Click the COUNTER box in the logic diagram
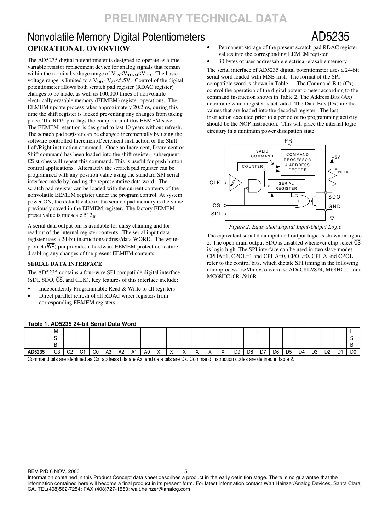[252, 166]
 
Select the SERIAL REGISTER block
[286, 186]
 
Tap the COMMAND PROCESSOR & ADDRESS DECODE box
[297, 162]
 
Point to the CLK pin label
[215, 183]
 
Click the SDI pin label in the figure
[215, 214]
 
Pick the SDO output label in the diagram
[334, 197]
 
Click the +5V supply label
[336, 157]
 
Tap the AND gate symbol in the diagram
[255, 185]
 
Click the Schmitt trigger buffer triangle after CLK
[234, 183]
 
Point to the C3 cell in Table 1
[57, 352]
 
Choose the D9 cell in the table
[237, 352]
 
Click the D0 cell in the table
[353, 352]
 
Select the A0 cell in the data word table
[147, 352]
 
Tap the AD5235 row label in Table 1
[36, 352]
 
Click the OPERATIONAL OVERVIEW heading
[79, 48]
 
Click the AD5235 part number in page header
[330, 37]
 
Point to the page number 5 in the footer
[186, 471]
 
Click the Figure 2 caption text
[285, 227]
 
